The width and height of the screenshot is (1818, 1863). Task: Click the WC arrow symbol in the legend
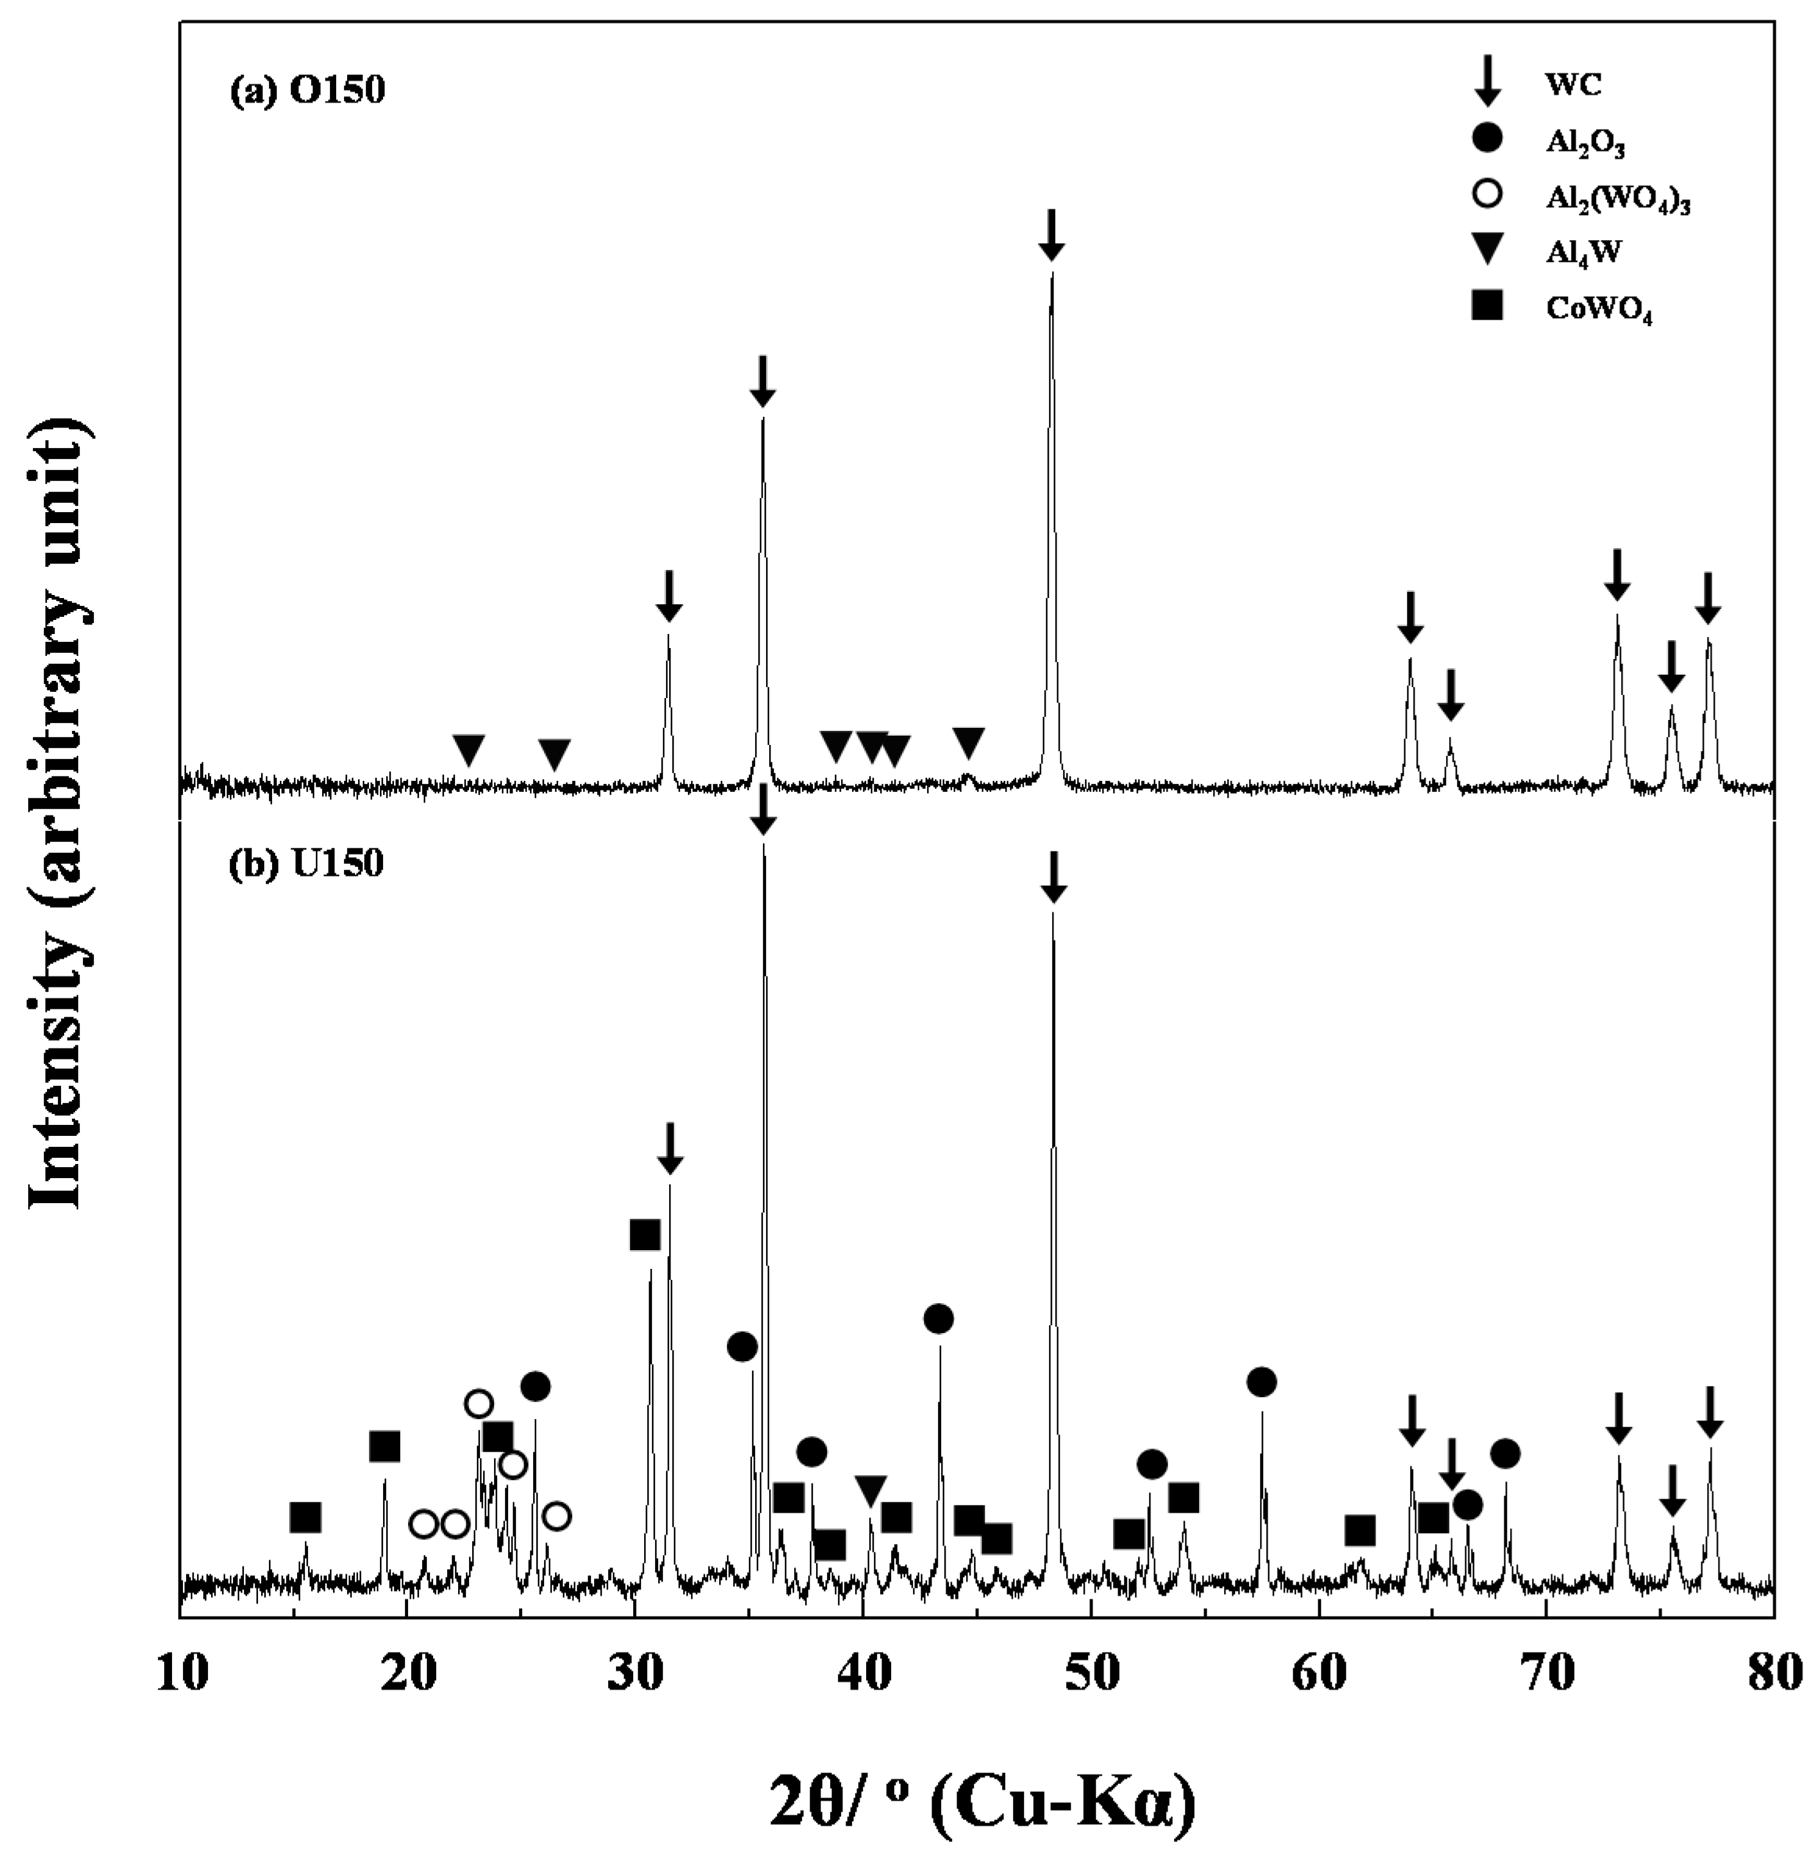tap(1487, 81)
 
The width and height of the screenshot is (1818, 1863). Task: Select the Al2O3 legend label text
tap(1585, 143)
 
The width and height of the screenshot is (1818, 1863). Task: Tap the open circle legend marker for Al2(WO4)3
tap(1487, 195)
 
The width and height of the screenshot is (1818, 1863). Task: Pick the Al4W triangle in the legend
tap(1487, 251)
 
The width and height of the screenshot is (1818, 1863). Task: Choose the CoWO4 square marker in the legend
tap(1487, 306)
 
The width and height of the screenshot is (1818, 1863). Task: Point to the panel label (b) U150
tap(306, 863)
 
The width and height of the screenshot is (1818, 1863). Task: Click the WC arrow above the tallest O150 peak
tap(1050, 235)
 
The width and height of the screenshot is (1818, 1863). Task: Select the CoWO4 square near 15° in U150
tap(305, 1517)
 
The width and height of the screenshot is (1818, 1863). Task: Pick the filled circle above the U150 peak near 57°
tap(1262, 1381)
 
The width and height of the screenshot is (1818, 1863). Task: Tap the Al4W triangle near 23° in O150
tap(468, 750)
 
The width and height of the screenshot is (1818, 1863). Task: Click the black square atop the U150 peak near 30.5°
tap(646, 1234)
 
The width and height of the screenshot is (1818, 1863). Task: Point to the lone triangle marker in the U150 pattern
tap(871, 1489)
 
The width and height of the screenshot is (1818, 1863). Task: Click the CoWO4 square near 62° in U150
tap(1360, 1531)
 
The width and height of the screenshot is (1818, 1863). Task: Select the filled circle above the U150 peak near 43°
tap(939, 1319)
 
